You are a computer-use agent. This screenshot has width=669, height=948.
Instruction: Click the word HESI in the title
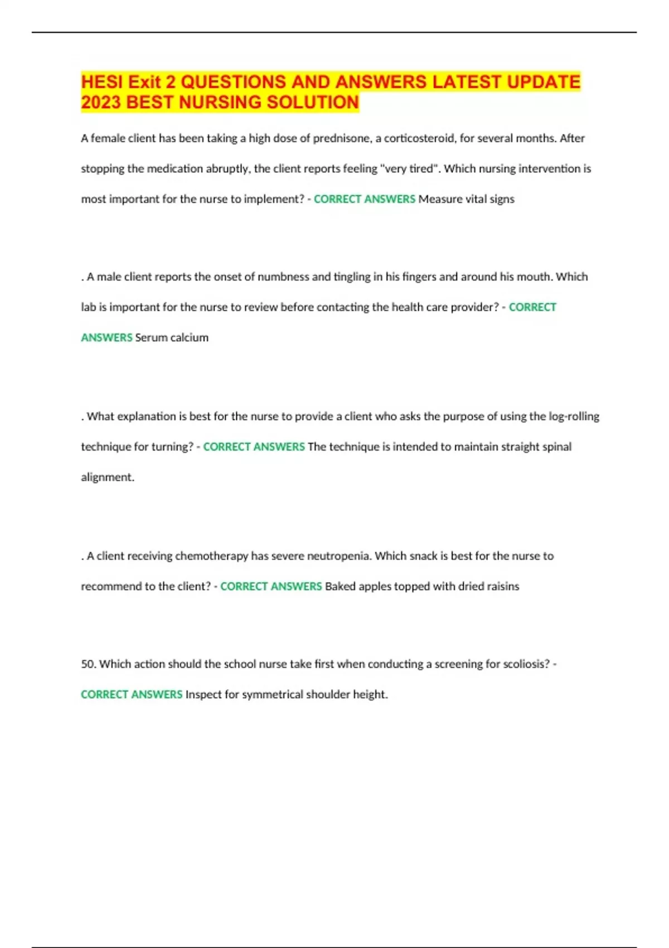[101, 82]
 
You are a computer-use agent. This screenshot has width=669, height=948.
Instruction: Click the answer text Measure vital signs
[466, 199]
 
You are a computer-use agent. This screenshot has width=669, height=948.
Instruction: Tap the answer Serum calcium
[172, 337]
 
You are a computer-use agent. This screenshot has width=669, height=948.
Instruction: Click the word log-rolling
[574, 416]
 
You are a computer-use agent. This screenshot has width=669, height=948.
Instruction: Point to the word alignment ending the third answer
[107, 477]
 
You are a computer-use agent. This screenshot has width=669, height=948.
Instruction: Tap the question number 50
[88, 664]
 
